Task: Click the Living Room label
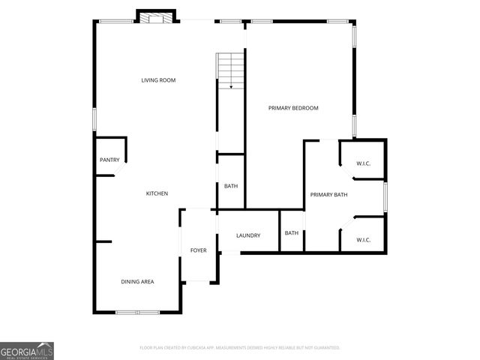158,80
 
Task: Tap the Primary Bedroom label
293,108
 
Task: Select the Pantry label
109,160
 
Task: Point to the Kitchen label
157,193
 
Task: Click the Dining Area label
137,281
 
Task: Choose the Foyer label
198,250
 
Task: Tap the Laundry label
248,235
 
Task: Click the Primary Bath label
329,195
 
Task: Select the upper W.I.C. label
364,164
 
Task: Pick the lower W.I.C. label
364,240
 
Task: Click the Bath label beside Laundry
291,232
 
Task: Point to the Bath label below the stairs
231,186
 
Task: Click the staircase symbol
231,71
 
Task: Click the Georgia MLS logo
27,351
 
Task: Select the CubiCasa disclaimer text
240,348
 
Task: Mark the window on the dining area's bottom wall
137,312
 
